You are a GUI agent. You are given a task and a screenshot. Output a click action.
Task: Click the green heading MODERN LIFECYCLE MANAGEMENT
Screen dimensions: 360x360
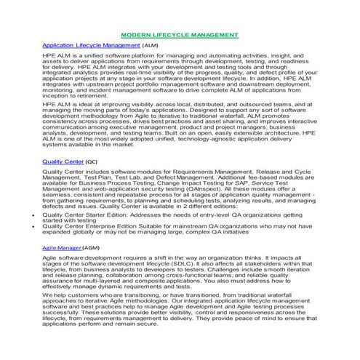pos(179,34)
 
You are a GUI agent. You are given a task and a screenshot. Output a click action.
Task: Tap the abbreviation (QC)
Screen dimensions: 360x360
pos(91,160)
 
